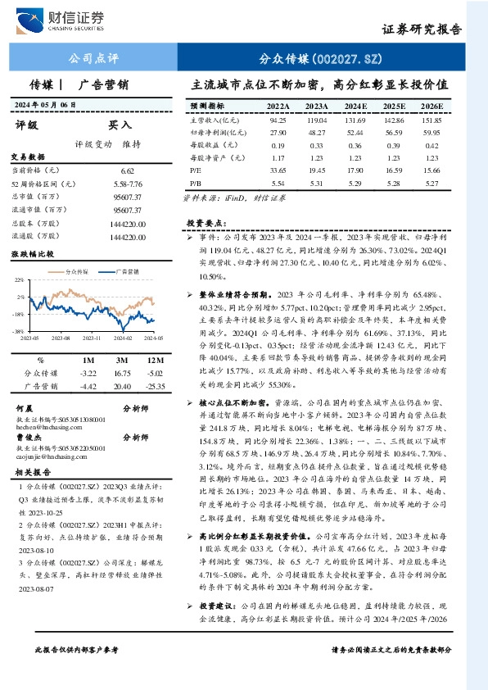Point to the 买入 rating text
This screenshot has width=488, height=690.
[120, 125]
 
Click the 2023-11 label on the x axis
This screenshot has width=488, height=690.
[93, 337]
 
